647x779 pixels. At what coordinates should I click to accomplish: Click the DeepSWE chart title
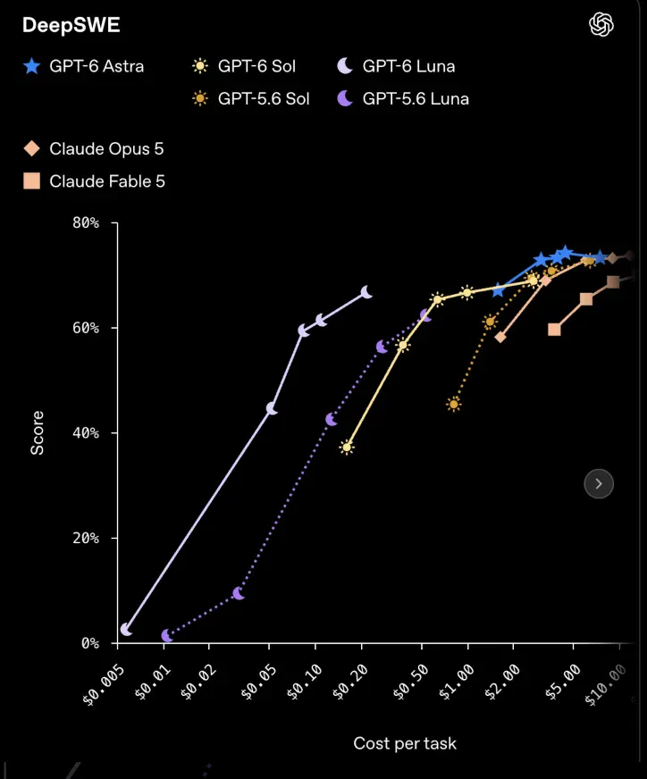(x=71, y=25)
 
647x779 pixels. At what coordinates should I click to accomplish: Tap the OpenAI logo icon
(x=601, y=24)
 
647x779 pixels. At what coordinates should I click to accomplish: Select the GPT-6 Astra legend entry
(x=83, y=66)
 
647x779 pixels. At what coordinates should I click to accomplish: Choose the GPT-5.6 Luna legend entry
(x=403, y=98)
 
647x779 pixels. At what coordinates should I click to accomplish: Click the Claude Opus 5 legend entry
(x=94, y=148)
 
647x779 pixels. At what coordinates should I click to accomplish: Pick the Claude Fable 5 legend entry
(x=94, y=181)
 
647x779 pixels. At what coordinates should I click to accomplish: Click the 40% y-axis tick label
(x=86, y=432)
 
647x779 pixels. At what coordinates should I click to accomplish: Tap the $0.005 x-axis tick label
(x=104, y=685)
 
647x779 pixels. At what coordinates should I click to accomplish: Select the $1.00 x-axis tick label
(x=456, y=683)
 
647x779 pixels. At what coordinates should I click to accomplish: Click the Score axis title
(x=38, y=432)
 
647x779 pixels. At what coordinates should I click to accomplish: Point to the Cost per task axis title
(x=405, y=743)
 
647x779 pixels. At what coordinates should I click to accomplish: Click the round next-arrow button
(x=599, y=483)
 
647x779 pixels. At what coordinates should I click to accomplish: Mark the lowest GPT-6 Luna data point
(x=126, y=630)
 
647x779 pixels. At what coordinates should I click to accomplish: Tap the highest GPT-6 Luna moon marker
(x=366, y=292)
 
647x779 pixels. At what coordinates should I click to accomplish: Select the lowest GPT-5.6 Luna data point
(x=167, y=635)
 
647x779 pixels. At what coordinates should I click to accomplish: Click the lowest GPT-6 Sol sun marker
(x=347, y=448)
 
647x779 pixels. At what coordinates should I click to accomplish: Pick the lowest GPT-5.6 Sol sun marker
(x=453, y=404)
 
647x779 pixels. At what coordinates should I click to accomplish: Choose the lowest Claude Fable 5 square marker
(x=554, y=330)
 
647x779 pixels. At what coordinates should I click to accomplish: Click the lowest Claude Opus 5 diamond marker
(x=500, y=337)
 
